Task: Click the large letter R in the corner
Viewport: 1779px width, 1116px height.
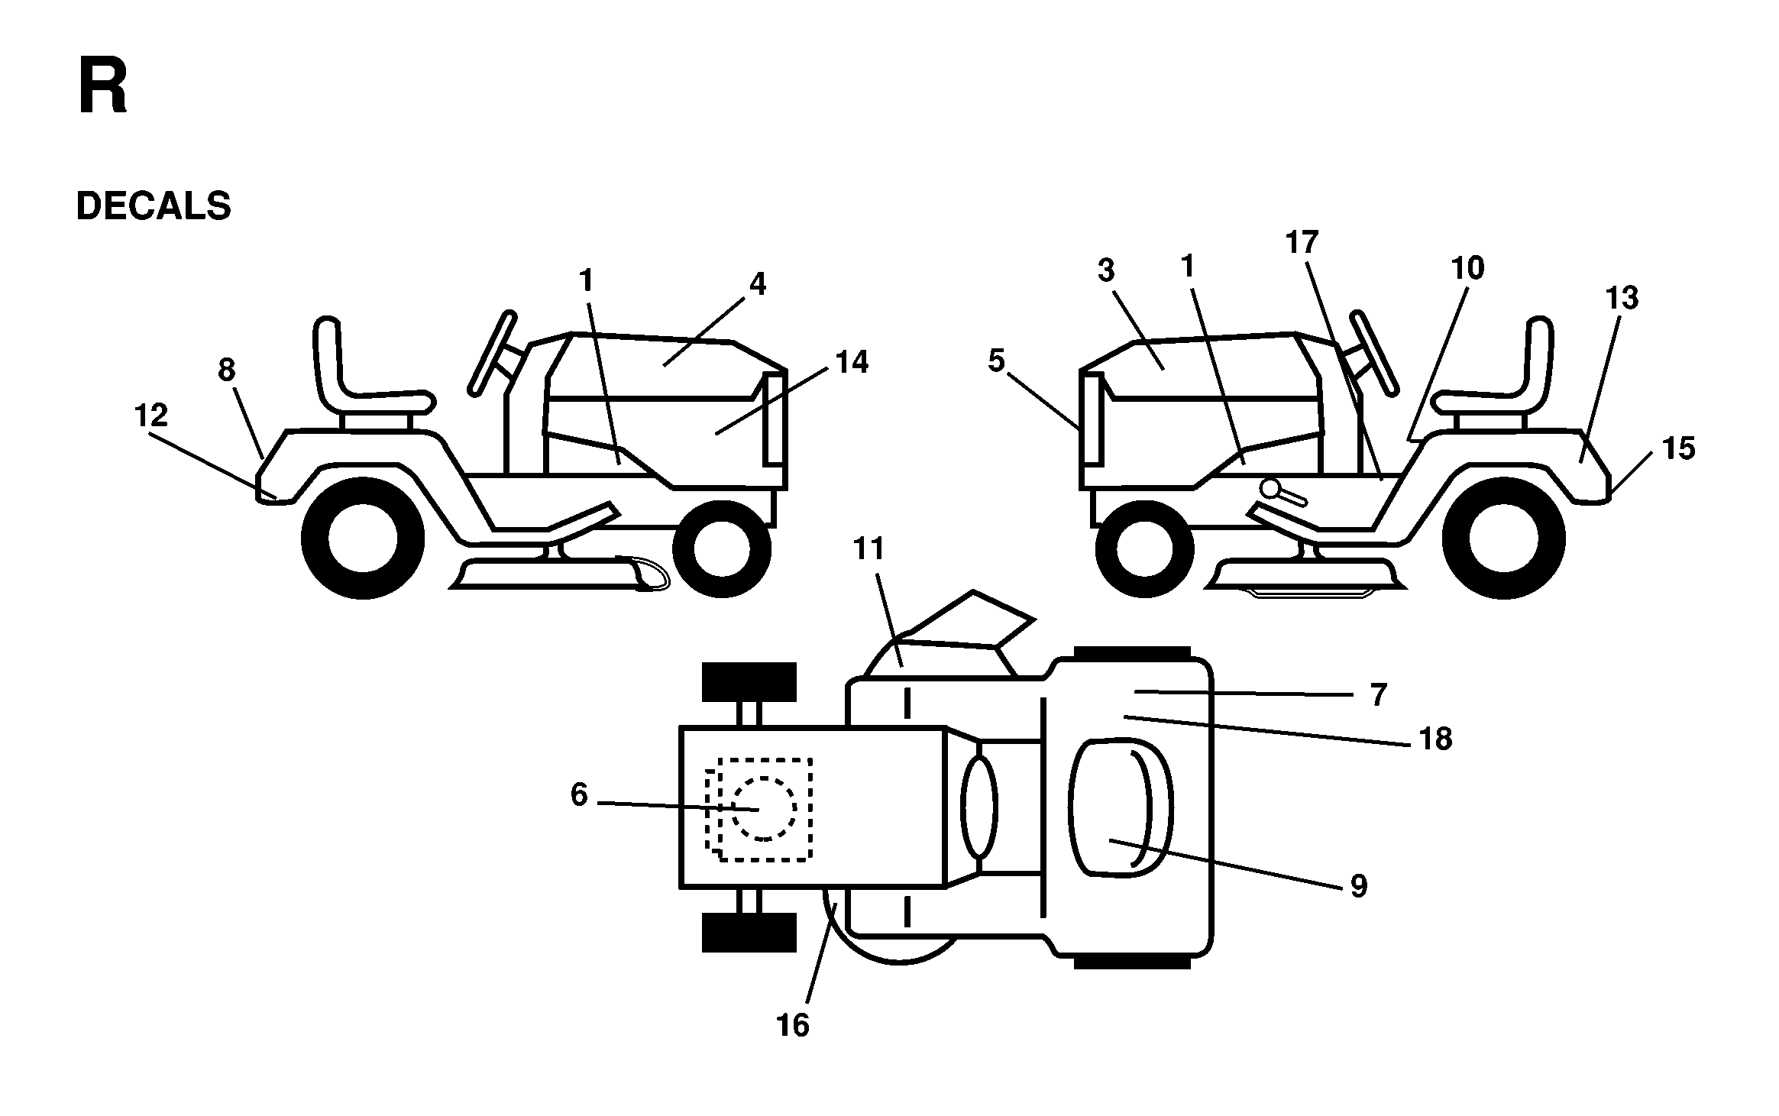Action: (x=102, y=89)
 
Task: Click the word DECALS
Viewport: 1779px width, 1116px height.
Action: (x=154, y=206)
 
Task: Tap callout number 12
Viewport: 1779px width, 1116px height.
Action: (x=150, y=416)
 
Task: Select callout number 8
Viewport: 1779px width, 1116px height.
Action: (x=227, y=370)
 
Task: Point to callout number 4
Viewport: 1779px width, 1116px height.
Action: (x=757, y=284)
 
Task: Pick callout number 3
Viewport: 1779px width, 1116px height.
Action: (x=1107, y=270)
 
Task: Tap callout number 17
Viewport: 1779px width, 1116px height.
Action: (x=1302, y=242)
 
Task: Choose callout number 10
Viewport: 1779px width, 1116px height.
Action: (x=1467, y=268)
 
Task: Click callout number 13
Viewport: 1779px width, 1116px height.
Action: (x=1622, y=298)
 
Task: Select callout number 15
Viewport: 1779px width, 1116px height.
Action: (x=1679, y=448)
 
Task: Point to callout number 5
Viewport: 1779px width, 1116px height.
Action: (x=996, y=361)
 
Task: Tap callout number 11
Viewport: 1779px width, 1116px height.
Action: (x=868, y=548)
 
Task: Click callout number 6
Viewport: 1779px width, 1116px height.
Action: (x=579, y=795)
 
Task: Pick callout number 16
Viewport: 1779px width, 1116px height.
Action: (x=793, y=1026)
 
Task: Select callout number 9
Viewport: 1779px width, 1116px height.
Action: (x=1359, y=886)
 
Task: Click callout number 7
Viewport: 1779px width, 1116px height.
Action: (x=1378, y=695)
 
